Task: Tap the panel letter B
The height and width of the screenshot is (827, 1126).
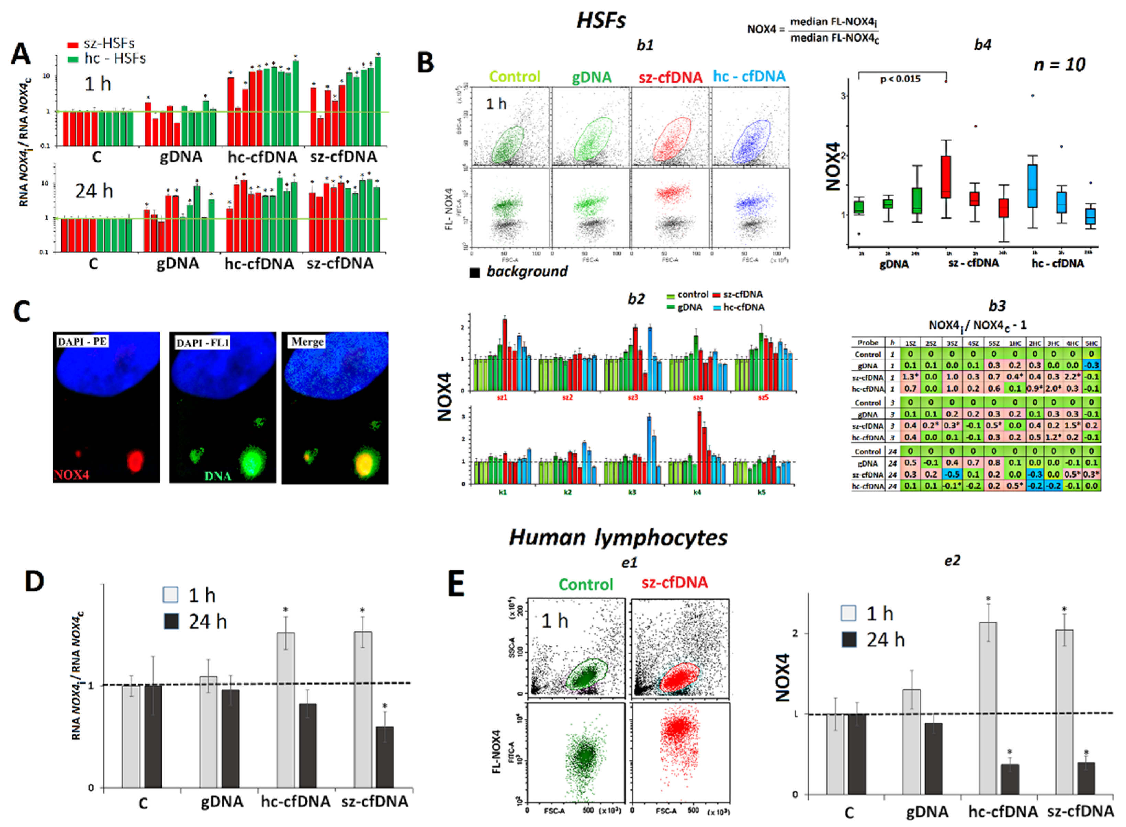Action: tap(426, 64)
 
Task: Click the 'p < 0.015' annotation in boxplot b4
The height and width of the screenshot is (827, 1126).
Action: tap(900, 79)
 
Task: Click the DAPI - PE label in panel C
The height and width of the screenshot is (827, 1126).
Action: tap(82, 342)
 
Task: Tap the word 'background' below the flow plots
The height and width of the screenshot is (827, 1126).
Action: tap(527, 272)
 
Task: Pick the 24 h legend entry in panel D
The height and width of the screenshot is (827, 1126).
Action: tap(195, 622)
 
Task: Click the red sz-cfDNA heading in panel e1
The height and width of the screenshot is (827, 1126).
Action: tap(674, 583)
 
